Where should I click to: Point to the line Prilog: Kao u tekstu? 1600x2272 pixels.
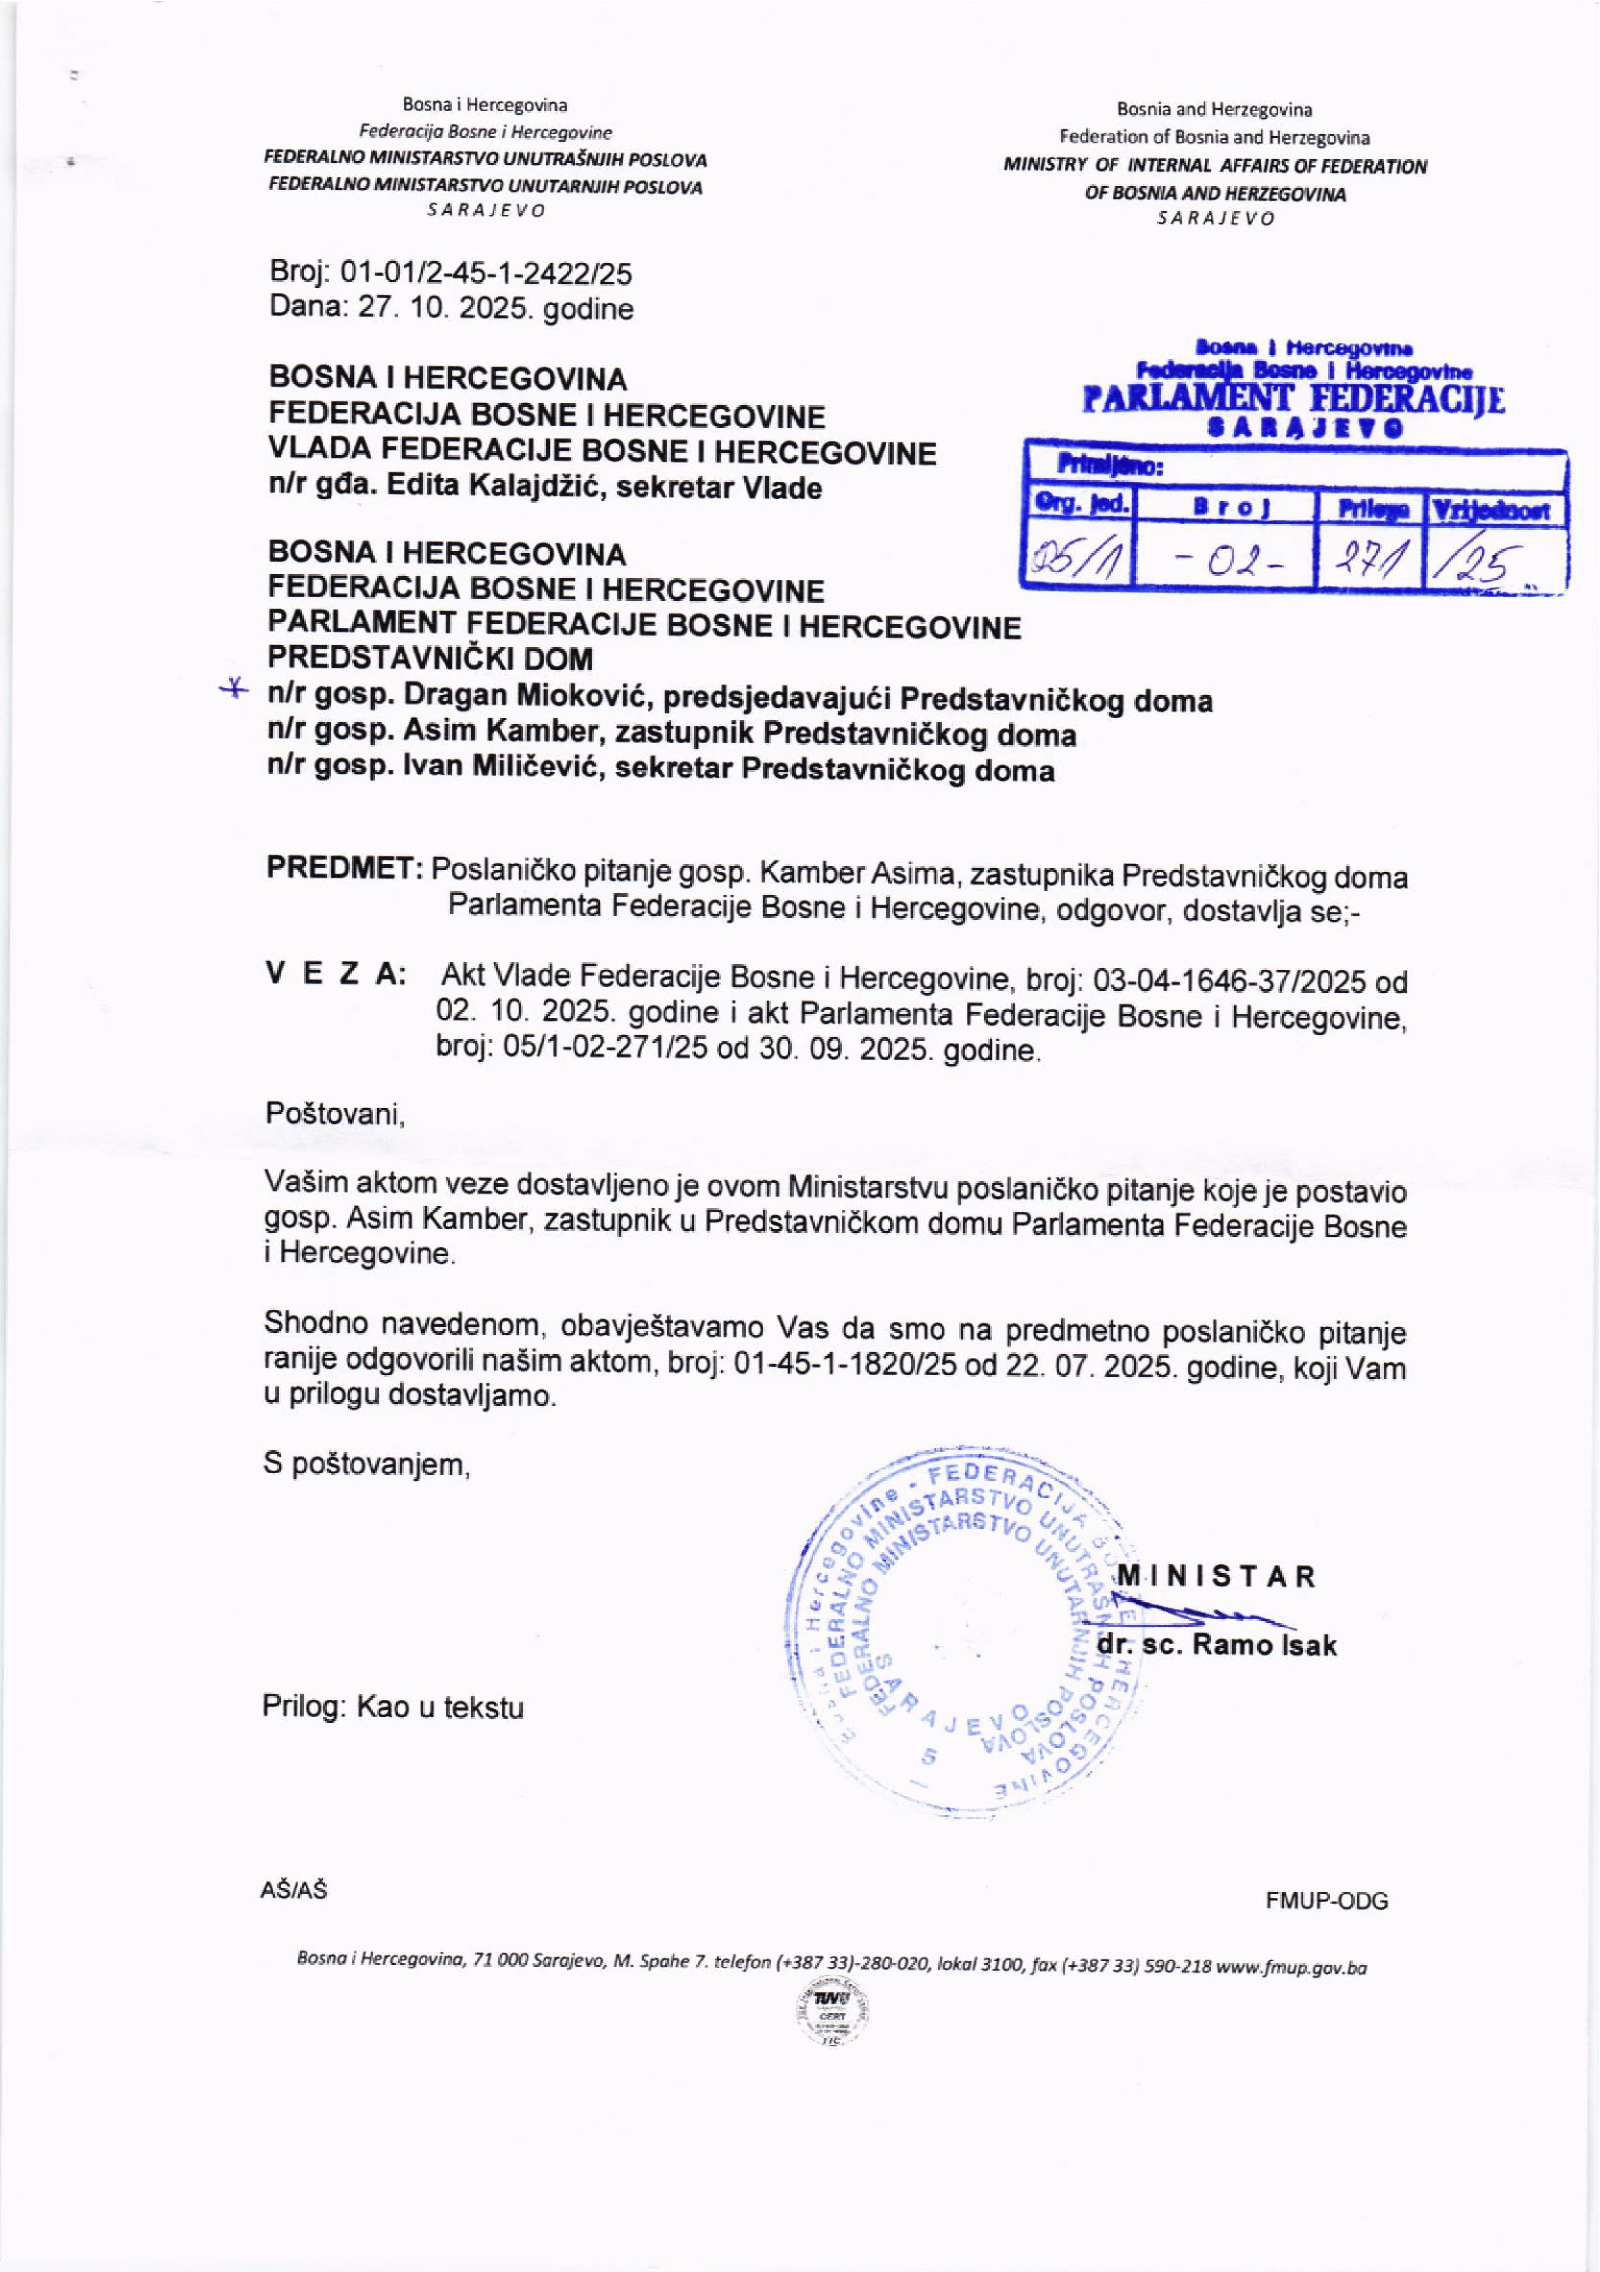click(x=393, y=1707)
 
